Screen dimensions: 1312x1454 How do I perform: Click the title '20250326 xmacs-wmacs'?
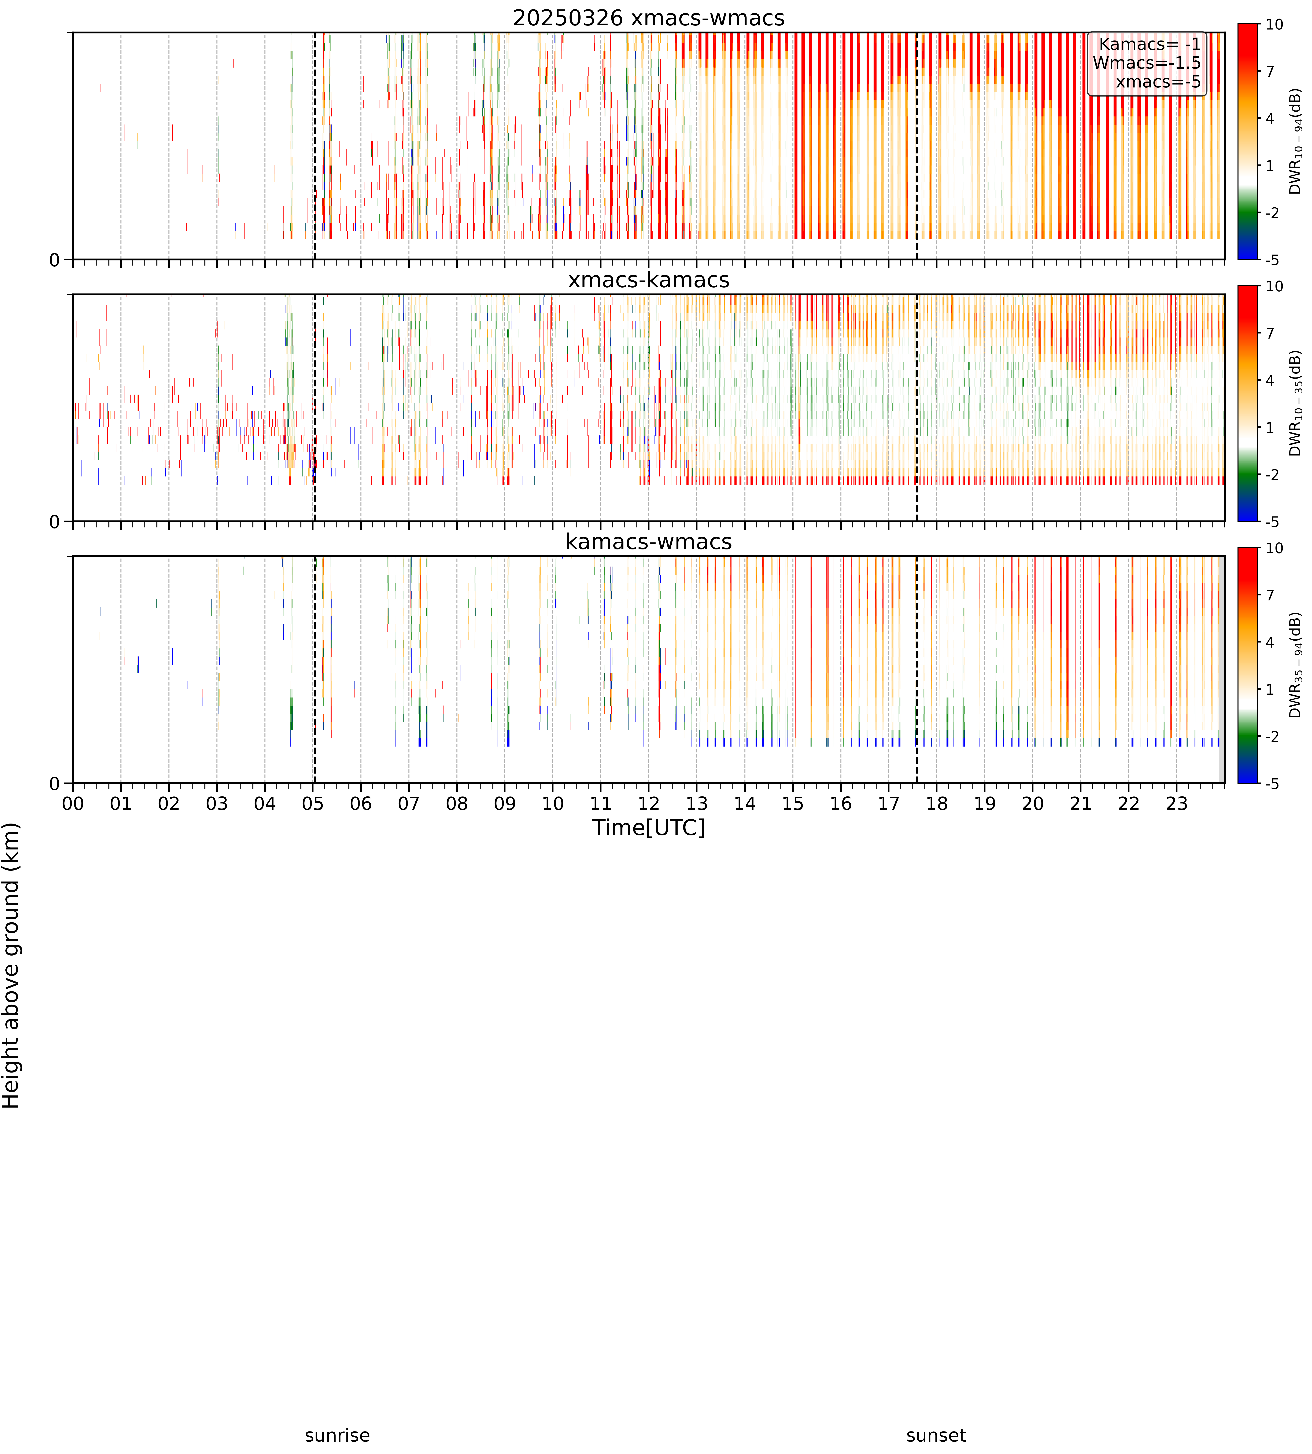(649, 18)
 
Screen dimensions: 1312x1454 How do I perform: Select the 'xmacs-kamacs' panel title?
(649, 280)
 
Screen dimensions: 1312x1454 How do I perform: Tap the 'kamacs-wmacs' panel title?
(649, 542)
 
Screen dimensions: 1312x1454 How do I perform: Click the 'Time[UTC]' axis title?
(649, 828)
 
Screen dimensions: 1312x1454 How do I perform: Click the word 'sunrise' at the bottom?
(337, 1435)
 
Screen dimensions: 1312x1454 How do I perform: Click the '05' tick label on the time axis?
(313, 803)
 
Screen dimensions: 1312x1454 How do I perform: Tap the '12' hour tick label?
(649, 803)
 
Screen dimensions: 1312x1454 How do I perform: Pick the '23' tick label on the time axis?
(1177, 803)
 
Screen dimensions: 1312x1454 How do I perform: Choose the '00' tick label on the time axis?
(73, 803)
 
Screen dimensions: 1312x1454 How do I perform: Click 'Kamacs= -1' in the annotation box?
(1150, 44)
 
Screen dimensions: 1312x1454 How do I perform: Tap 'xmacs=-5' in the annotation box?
(1158, 82)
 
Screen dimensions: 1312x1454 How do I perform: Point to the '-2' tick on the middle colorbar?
(1272, 475)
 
